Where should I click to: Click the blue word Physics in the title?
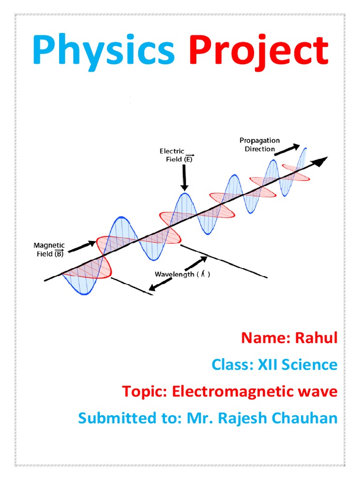[x=104, y=51]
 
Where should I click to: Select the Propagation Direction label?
[x=259, y=144]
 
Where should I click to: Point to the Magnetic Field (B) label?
[x=49, y=249]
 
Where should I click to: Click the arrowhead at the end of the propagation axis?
[x=321, y=162]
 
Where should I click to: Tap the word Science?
[x=311, y=364]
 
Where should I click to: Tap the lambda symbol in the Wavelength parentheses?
[x=202, y=274]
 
